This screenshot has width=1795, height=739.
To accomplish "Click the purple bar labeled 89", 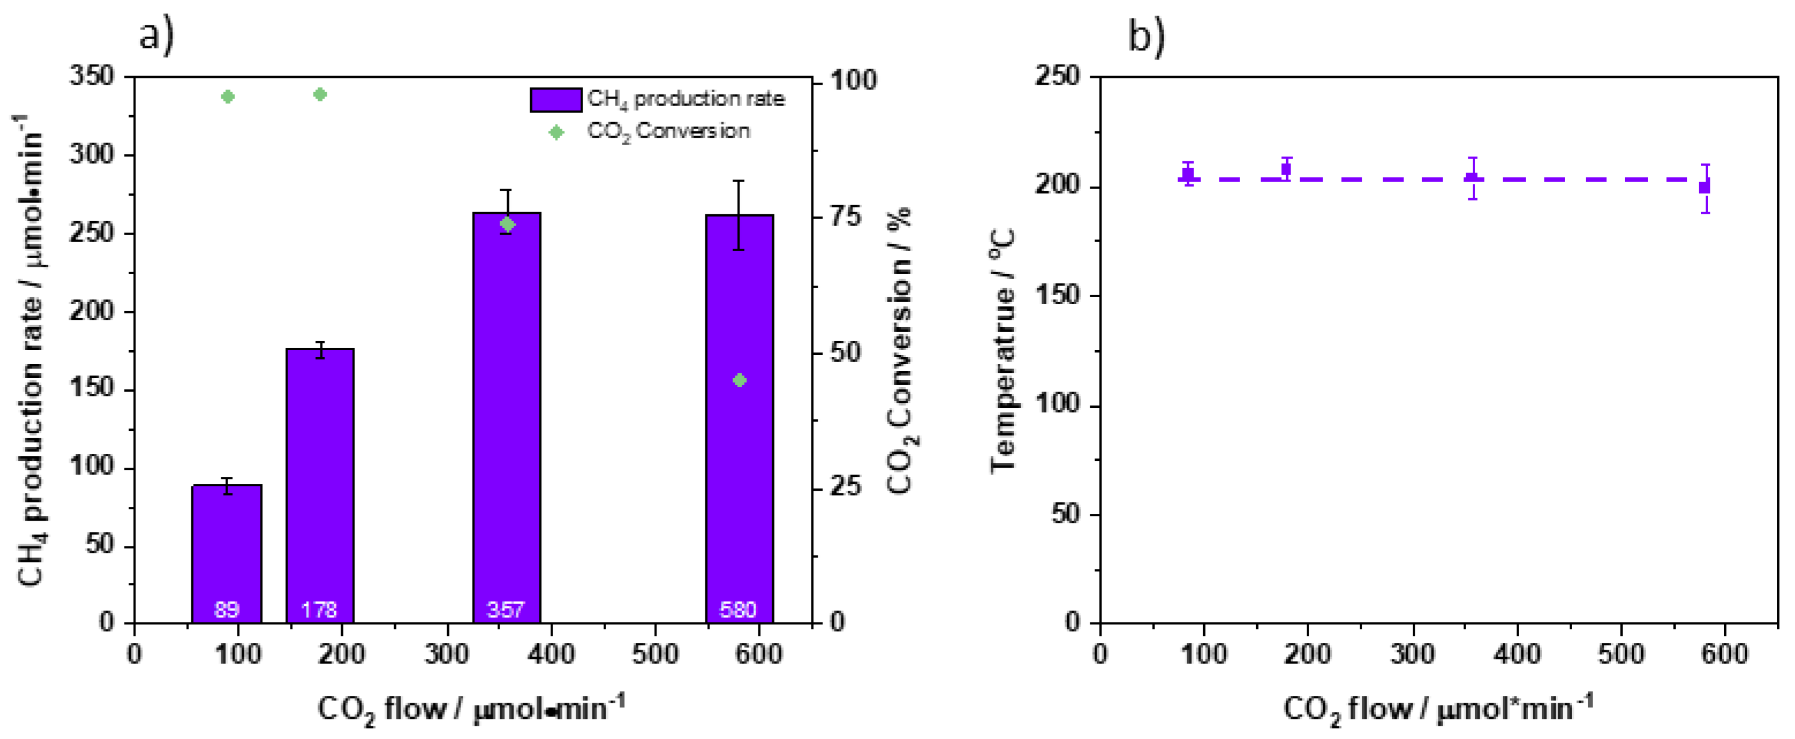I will click(x=226, y=554).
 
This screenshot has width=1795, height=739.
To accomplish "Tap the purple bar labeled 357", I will click(x=507, y=418).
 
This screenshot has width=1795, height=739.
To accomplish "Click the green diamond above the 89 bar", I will click(x=228, y=96).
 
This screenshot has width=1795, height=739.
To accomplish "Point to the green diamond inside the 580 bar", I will click(x=739, y=380).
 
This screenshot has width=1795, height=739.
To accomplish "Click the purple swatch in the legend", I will click(x=555, y=100).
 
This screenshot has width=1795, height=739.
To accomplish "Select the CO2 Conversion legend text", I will click(x=667, y=131).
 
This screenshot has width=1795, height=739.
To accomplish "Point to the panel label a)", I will click(x=156, y=35).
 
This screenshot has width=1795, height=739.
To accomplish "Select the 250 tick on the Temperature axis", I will click(x=1057, y=76).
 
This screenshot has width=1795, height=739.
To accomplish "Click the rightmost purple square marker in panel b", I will click(x=1705, y=187).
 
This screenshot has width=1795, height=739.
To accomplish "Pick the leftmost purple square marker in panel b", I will click(x=1189, y=174).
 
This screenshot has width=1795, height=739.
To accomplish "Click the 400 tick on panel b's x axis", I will click(x=1517, y=654).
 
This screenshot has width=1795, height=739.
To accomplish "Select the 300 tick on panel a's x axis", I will click(x=446, y=654).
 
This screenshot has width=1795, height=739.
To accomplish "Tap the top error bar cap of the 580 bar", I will click(x=739, y=181).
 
